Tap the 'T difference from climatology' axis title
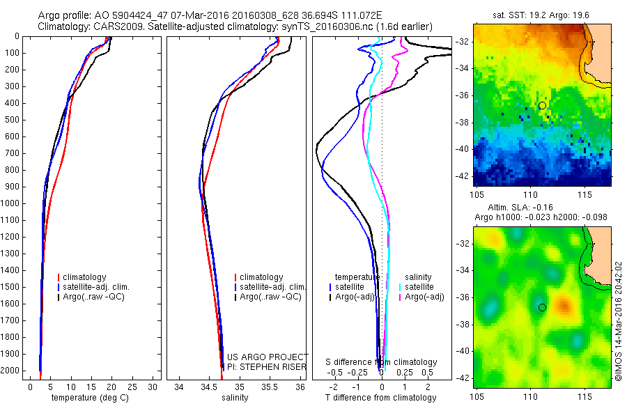(x=382, y=398)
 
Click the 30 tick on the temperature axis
(x=153, y=387)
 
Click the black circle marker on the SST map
(x=542, y=105)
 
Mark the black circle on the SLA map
(x=542, y=307)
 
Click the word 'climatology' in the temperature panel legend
(x=85, y=277)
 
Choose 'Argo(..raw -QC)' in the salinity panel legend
(x=270, y=297)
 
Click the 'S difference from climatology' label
(x=382, y=362)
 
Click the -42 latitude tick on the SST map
(x=463, y=176)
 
